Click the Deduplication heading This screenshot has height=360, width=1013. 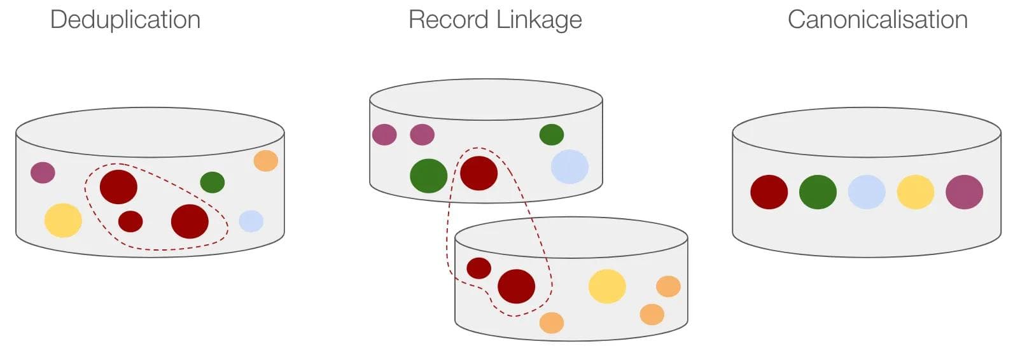pos(125,20)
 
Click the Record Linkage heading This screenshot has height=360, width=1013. pos(495,20)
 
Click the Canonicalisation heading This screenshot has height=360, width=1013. pos(877,20)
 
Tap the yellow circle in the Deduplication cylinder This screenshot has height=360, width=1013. pos(63,220)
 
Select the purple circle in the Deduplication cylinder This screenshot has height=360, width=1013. pos(43,172)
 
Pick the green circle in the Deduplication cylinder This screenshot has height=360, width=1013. pos(213,183)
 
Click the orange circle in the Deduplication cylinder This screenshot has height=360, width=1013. pos(265,160)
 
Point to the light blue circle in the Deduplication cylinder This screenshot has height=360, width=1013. pos(251,221)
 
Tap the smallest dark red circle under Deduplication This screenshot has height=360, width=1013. pos(130,221)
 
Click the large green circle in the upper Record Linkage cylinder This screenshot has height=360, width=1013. pos(429,176)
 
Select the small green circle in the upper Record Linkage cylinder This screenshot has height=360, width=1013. pos(552,134)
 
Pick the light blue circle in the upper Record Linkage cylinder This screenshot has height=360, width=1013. pos(569,167)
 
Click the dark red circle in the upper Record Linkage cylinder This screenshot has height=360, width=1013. pos(479,173)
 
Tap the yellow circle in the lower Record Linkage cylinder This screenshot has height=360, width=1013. pos(607,286)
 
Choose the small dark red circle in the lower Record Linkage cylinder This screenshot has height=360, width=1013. pos(479,268)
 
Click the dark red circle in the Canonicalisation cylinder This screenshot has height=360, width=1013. pos(769,192)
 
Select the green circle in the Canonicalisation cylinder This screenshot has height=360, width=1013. pos(818,192)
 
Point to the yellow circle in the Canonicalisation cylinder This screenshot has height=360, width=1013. pos(916,192)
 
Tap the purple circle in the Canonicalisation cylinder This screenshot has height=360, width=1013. pos(965,192)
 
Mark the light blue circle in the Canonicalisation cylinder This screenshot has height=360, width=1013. pos(867,192)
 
